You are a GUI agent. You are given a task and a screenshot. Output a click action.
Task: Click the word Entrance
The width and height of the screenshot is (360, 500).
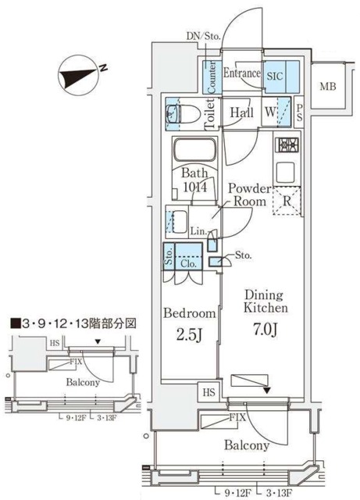tap(241, 74)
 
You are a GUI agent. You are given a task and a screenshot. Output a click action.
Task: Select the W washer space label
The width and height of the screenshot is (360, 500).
tap(270, 112)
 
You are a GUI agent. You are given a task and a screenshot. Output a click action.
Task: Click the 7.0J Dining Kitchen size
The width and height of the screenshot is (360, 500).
tap(267, 329)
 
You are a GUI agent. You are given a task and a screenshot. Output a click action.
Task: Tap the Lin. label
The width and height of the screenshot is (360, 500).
tap(198, 231)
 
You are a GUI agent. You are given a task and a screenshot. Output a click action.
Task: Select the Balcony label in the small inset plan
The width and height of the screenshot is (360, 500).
tap(81, 383)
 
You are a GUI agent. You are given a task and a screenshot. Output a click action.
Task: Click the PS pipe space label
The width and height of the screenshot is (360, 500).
tap(300, 112)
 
